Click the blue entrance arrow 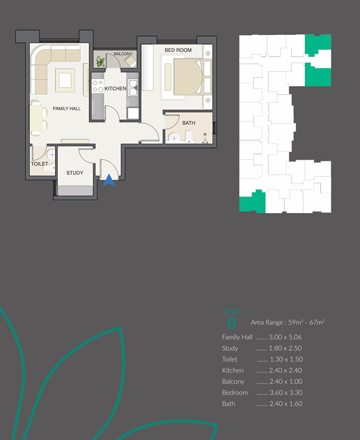[109, 181]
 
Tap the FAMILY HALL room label [67, 109]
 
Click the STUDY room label [75, 173]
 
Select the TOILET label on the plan [39, 164]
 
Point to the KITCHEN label [115, 88]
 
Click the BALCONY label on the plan [124, 54]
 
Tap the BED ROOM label [178, 50]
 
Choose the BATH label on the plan [188, 123]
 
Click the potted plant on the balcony [101, 61]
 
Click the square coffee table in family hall [64, 78]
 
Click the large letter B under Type [231, 322]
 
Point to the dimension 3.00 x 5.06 [287, 337]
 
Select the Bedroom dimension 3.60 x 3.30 [287, 393]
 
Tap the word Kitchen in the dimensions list [232, 370]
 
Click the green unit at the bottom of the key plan [252, 202]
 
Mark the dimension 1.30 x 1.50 [287, 359]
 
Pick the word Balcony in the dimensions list [234, 381]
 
